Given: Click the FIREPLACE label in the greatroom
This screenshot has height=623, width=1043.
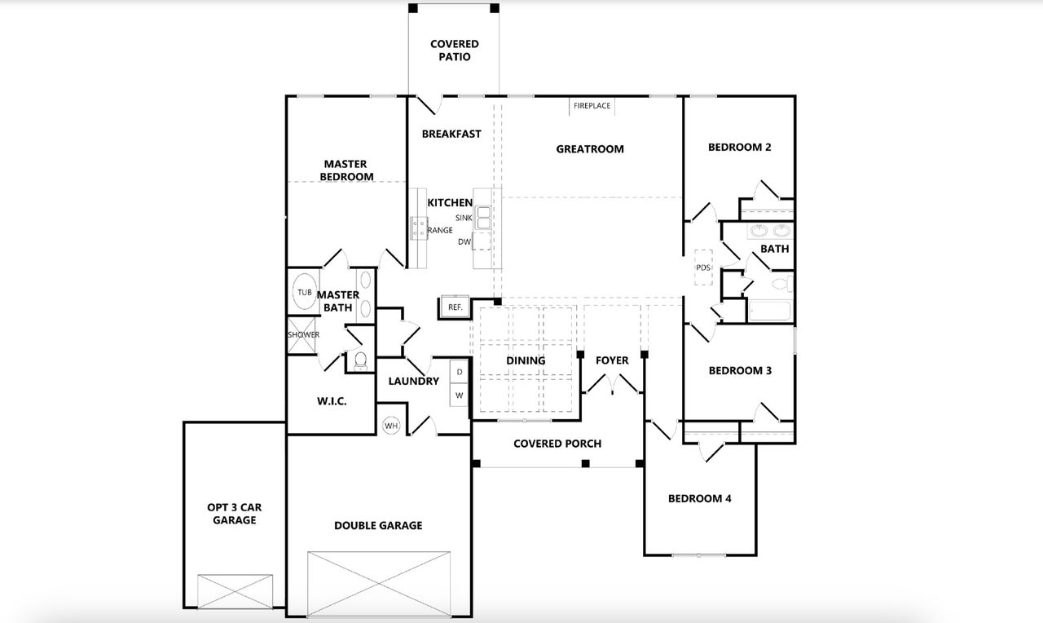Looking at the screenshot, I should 592,106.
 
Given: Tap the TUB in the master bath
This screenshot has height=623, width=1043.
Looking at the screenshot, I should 304,293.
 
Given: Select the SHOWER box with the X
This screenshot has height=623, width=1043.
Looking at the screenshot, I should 302,335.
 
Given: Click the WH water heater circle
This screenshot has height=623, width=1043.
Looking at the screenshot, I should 391,426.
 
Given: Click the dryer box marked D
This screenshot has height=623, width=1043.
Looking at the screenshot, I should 460,372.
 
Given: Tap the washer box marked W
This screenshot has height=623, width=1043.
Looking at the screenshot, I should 460,395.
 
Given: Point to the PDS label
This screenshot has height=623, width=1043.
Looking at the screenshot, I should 702,267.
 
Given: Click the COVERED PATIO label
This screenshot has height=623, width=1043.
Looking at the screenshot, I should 455,51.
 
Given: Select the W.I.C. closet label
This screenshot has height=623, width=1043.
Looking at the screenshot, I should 332,401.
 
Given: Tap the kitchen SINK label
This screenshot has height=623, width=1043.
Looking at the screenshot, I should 464,218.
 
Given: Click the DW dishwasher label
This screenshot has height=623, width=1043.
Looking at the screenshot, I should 464,241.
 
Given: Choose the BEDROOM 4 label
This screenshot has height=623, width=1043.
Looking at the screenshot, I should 699,498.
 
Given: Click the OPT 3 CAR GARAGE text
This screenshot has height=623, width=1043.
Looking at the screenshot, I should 235,513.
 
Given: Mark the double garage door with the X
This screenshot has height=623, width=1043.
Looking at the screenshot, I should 379,585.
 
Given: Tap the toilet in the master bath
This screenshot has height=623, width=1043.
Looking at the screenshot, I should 360,360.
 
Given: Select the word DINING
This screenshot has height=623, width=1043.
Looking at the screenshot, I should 526,360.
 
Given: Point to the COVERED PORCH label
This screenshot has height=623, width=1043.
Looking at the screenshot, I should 557,444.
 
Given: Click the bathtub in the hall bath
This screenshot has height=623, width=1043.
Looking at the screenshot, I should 770,311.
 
